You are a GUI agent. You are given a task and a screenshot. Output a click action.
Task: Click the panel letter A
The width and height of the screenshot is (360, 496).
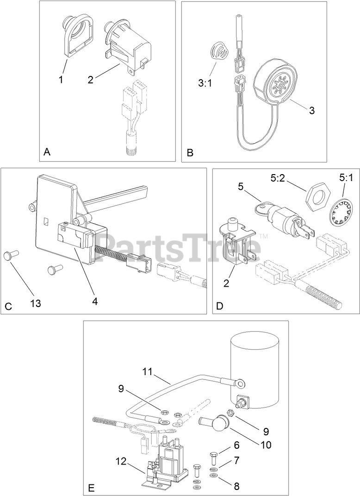(x=46, y=152)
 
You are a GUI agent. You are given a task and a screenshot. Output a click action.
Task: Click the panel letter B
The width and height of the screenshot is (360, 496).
(x=190, y=152)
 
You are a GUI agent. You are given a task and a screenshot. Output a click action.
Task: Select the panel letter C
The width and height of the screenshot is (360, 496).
(x=8, y=307)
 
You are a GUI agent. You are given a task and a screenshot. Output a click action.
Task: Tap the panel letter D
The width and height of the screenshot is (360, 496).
(x=220, y=306)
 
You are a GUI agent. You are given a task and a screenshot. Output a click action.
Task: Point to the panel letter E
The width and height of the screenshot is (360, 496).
(x=91, y=489)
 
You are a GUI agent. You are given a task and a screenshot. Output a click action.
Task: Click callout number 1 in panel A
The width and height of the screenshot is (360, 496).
(x=61, y=80)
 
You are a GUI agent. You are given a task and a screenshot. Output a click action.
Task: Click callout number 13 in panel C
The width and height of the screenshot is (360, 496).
(x=36, y=303)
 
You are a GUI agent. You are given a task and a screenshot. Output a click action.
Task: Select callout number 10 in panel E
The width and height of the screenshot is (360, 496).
(x=265, y=445)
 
